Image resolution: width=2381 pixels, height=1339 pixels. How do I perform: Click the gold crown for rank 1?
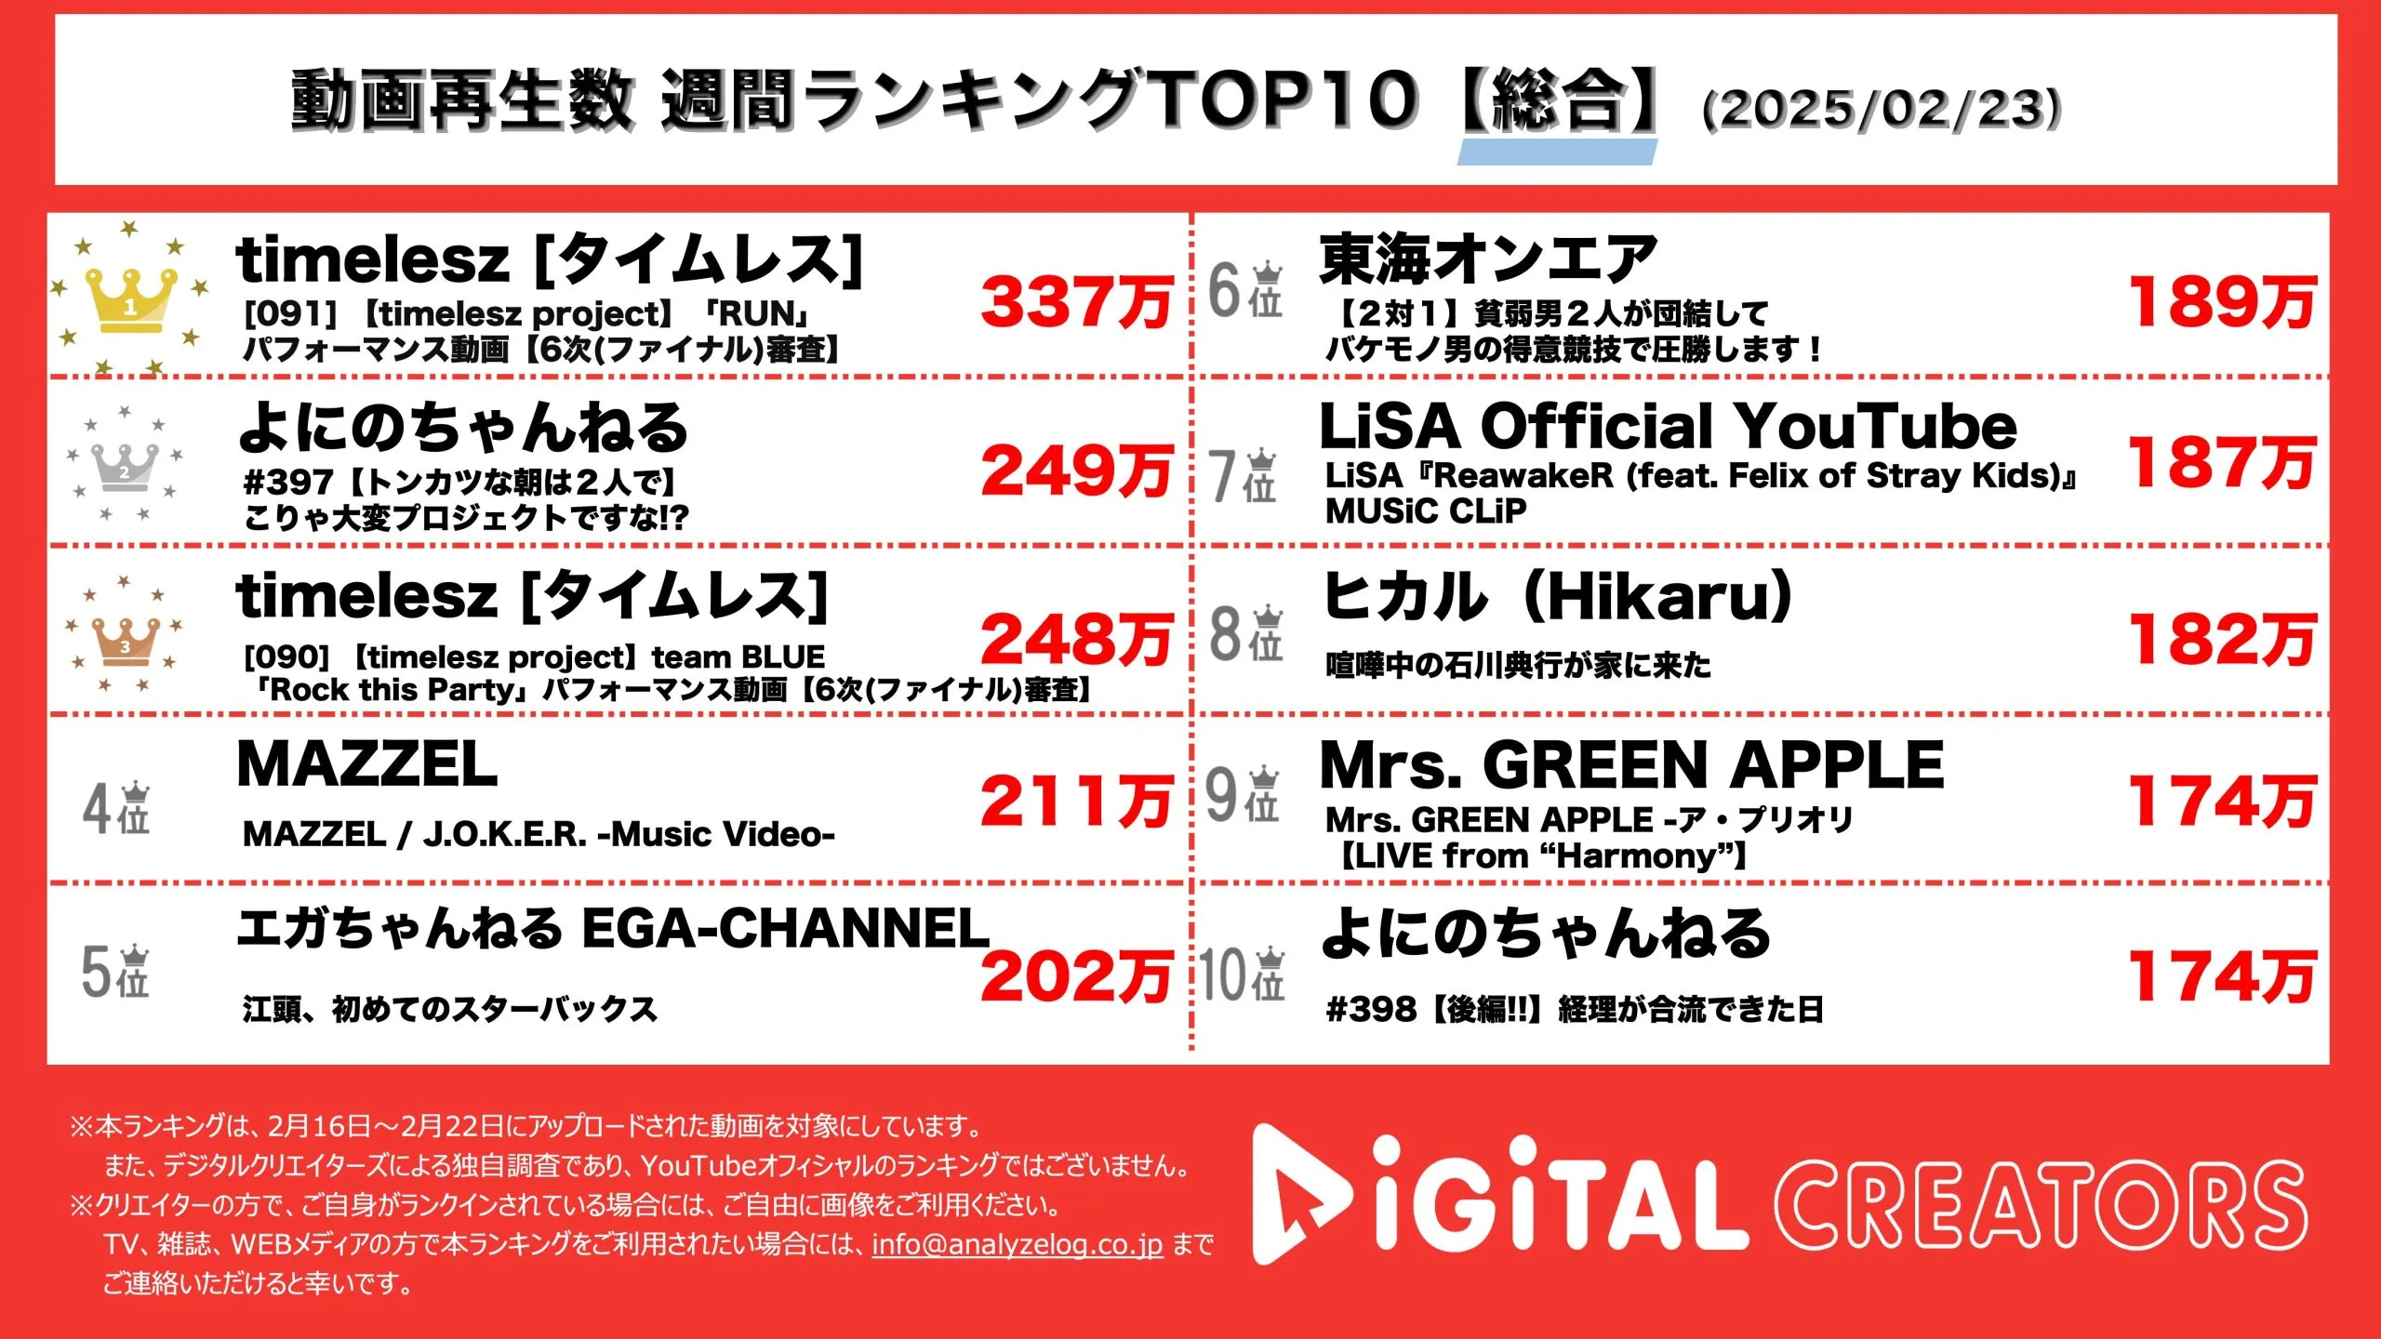tap(130, 299)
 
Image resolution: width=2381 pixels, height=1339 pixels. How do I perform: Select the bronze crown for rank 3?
tap(125, 641)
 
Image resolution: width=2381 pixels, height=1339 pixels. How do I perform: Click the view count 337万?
tap(1076, 303)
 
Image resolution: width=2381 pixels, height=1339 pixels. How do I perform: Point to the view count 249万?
tap(1076, 471)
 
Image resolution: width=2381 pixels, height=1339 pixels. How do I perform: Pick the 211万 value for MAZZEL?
tap(1076, 801)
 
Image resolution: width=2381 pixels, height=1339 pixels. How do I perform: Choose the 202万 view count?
tap(1076, 976)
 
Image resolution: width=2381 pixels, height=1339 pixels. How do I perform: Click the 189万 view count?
tap(2222, 303)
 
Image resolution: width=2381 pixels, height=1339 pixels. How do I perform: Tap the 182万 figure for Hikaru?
tap(2222, 640)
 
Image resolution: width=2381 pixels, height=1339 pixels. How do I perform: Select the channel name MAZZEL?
tap(367, 765)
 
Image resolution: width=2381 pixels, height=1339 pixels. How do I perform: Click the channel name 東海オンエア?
tap(1488, 259)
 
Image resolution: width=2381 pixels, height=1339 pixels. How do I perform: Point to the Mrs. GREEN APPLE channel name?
tap(1631, 765)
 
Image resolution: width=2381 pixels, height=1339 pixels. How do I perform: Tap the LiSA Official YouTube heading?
tap(1668, 427)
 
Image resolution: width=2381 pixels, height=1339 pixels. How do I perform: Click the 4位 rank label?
tap(116, 808)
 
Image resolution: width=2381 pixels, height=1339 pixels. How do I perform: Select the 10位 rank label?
tap(1243, 975)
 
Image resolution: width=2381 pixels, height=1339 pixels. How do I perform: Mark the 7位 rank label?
tap(1244, 475)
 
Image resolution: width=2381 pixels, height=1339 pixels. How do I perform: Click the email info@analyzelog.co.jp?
tap(1017, 1244)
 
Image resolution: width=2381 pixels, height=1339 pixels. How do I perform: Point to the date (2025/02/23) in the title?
tap(1881, 109)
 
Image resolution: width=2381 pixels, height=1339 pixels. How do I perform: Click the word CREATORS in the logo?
tap(2042, 1205)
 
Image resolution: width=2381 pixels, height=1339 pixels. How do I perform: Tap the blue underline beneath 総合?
tap(1557, 152)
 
